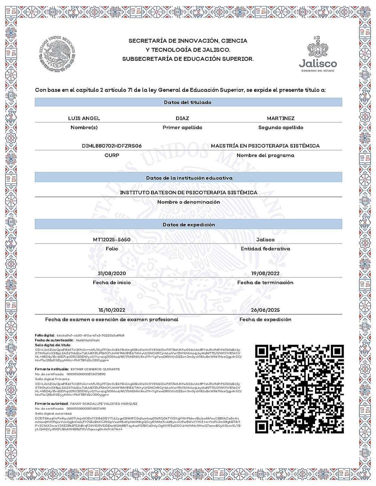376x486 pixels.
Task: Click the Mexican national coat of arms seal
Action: pyautogui.click(x=57, y=54)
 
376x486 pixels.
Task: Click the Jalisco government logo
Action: pyautogui.click(x=318, y=54)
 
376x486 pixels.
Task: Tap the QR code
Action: pyautogui.click(x=299, y=389)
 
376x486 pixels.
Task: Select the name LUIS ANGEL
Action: pyautogui.click(x=84, y=118)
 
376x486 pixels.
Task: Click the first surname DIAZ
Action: pyautogui.click(x=182, y=118)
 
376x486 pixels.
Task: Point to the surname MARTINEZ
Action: pyautogui.click(x=281, y=118)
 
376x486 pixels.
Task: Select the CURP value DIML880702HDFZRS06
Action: pyautogui.click(x=112, y=146)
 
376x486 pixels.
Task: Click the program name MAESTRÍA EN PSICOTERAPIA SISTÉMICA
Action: pyautogui.click(x=265, y=146)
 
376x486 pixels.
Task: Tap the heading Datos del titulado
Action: pyautogui.click(x=188, y=102)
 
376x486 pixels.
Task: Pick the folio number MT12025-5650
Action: pyautogui.click(x=112, y=240)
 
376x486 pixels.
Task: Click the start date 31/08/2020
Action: pyautogui.click(x=112, y=273)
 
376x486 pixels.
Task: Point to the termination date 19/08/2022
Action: pyautogui.click(x=265, y=273)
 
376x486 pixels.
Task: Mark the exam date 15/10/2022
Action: pyautogui.click(x=112, y=310)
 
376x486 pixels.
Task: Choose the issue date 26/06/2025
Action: pyautogui.click(x=265, y=310)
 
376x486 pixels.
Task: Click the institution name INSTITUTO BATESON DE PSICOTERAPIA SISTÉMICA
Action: pyautogui.click(x=188, y=193)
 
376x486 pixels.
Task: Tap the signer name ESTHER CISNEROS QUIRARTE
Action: pyautogui.click(x=95, y=369)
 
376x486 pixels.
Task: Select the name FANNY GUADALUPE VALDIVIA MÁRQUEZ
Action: pyautogui.click(x=104, y=404)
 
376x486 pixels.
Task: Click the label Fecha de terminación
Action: pyautogui.click(x=265, y=283)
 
